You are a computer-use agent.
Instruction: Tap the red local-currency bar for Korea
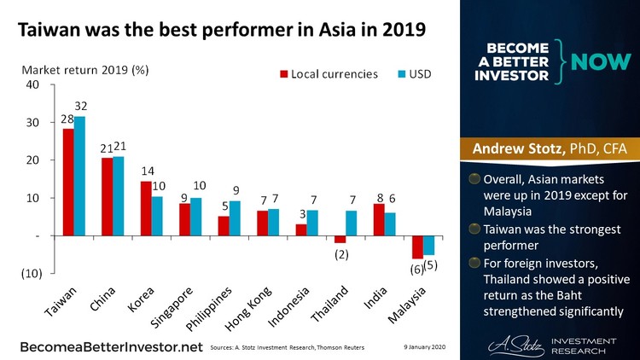(146, 208)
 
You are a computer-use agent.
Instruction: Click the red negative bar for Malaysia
(417, 247)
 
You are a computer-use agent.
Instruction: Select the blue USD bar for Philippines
(236, 218)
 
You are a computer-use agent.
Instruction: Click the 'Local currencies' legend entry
(329, 74)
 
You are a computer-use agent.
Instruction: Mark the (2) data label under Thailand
(341, 255)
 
